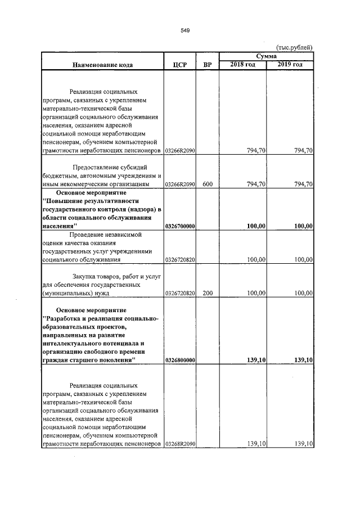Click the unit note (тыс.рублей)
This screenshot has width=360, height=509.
pos(294,48)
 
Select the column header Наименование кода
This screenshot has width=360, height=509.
pos(102,65)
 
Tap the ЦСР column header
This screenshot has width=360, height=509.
pos(179,65)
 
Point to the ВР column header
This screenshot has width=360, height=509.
pos(207,65)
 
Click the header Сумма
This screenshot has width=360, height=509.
pos(266,57)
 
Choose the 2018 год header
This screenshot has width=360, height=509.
pos(243,65)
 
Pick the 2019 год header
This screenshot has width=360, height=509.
pos(290,65)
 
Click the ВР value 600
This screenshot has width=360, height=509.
pos(207,184)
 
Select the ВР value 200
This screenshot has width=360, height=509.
pos(207,293)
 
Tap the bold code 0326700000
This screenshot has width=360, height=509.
pos(180,226)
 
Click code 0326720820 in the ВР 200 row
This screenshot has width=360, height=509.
pos(180,293)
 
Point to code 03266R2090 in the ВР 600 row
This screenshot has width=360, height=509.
pos(180,184)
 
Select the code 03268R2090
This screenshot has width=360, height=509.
pos(180,444)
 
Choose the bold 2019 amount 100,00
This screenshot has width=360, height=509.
pos(303,226)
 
